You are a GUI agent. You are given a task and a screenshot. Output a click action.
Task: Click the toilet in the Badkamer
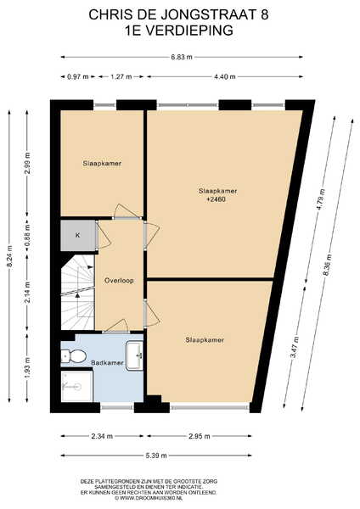click(73, 356)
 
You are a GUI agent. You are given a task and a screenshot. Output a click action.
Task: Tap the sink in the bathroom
click(134, 355)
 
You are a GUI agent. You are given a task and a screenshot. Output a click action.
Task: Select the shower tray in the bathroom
click(76, 386)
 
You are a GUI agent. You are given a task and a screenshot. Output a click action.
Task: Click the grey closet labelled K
click(78, 235)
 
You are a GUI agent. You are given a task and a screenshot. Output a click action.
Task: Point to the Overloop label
click(119, 281)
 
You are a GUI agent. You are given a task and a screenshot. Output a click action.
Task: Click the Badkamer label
click(107, 362)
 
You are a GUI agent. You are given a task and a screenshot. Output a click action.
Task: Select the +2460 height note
click(217, 199)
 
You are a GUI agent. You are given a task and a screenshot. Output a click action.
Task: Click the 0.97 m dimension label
click(77, 76)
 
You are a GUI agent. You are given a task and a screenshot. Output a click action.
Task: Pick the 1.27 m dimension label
click(121, 76)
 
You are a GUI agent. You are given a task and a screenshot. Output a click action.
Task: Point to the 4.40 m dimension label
click(225, 76)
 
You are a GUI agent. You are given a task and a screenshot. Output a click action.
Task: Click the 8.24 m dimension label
click(10, 256)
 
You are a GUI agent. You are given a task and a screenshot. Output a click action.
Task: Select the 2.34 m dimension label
click(102, 436)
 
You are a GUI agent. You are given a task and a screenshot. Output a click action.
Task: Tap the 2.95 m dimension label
click(200, 436)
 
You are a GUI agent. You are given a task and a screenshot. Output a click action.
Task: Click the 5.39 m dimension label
click(156, 456)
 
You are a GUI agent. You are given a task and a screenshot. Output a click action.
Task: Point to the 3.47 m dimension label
click(295, 347)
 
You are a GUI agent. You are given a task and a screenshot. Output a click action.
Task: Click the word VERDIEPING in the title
click(188, 31)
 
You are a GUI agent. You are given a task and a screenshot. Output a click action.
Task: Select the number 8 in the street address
click(265, 14)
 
